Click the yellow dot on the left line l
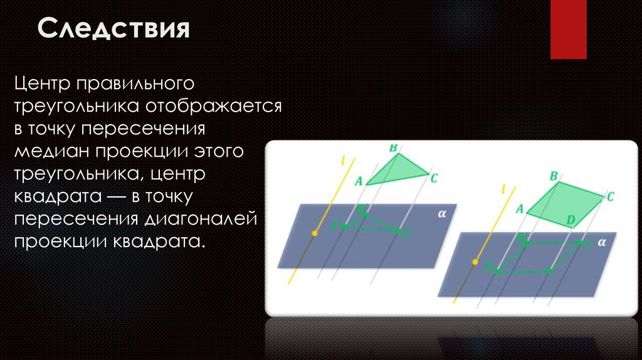tap(315, 234)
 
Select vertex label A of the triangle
tap(359, 182)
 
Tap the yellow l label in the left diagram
tap(343, 161)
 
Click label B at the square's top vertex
tap(554, 177)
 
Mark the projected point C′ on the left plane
tap(400, 231)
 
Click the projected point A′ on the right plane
tap(497, 271)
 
